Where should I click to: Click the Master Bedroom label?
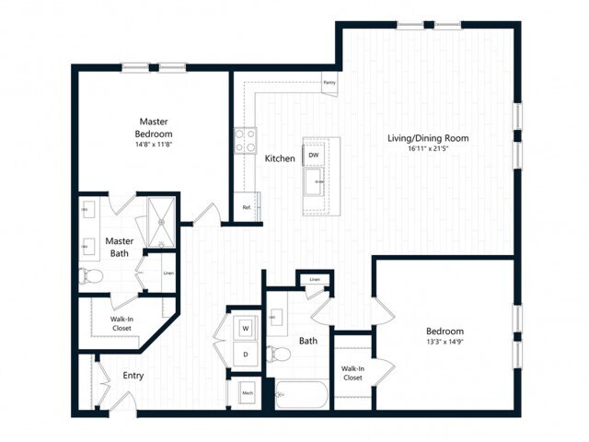(153, 127)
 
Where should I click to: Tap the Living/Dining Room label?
(428, 138)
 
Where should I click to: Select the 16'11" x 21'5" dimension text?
(428, 149)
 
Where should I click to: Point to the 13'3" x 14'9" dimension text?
(444, 343)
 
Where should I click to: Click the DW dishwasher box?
(314, 155)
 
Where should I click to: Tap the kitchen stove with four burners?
(245, 140)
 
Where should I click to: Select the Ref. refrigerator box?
(247, 208)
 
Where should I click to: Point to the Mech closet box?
(247, 393)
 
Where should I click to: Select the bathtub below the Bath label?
(299, 396)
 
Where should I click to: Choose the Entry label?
(133, 376)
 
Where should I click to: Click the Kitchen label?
(280, 158)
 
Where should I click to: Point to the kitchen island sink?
(316, 180)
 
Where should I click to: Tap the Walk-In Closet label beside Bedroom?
(352, 373)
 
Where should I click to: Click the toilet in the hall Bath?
(274, 355)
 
